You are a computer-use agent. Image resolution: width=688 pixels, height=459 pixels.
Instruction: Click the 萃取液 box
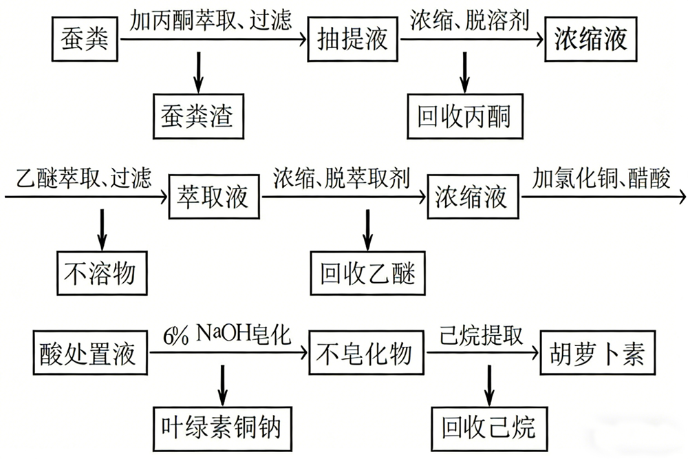click(215, 197)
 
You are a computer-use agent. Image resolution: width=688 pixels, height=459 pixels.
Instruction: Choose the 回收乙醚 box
click(367, 274)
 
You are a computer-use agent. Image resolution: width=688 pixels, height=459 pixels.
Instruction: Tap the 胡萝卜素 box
click(594, 354)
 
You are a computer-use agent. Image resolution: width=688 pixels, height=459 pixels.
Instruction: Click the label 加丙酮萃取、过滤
click(211, 19)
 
